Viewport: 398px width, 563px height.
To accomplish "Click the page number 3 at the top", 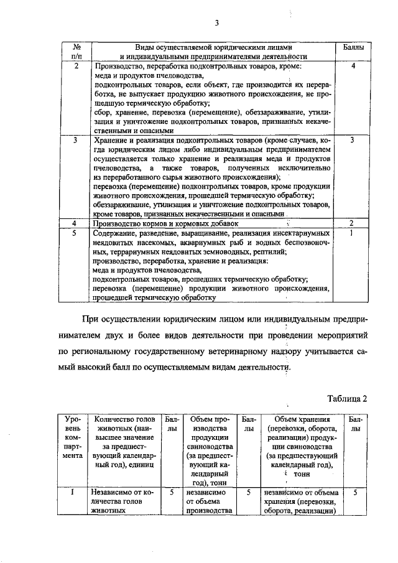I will [x=217, y=24].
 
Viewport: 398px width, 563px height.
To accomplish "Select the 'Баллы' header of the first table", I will [x=351, y=47].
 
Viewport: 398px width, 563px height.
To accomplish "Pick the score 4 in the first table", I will [x=352, y=65].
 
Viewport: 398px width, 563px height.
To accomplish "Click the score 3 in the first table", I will [x=352, y=141].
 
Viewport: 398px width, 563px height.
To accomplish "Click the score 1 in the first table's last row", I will [x=352, y=233].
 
